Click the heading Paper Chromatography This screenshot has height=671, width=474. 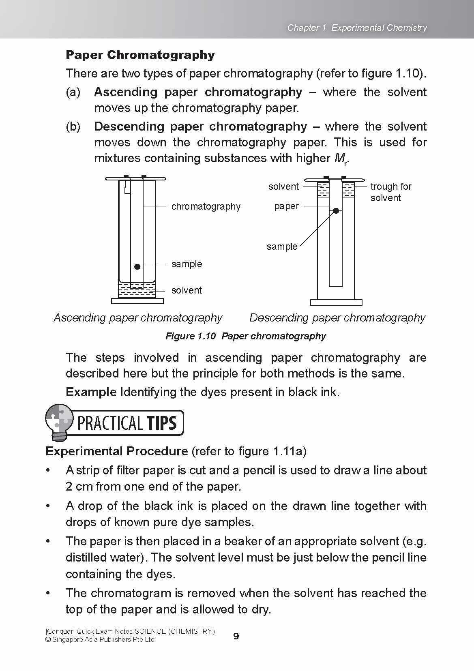coord(140,55)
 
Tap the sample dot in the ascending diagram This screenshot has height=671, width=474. coord(137,266)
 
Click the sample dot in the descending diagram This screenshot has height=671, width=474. coord(336,211)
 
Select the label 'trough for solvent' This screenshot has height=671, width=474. coord(390,192)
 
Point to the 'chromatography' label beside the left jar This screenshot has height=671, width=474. coord(206,206)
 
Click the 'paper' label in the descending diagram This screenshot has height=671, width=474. coord(286,206)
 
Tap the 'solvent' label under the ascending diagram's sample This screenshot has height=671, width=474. coord(187,290)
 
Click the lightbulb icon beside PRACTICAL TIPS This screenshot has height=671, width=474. coord(60,422)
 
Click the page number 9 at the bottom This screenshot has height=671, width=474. coord(236,636)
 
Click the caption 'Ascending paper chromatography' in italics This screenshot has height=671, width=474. coord(138,317)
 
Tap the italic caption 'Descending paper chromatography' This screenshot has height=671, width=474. coord(337,317)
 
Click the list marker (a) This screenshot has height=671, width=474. coord(73,92)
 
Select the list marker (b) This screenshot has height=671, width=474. coord(73,126)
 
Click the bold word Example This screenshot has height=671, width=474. coord(91,392)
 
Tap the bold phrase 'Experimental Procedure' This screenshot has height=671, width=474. coord(116,451)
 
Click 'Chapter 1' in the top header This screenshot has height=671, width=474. coord(307,28)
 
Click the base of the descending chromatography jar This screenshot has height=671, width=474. coord(336,302)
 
